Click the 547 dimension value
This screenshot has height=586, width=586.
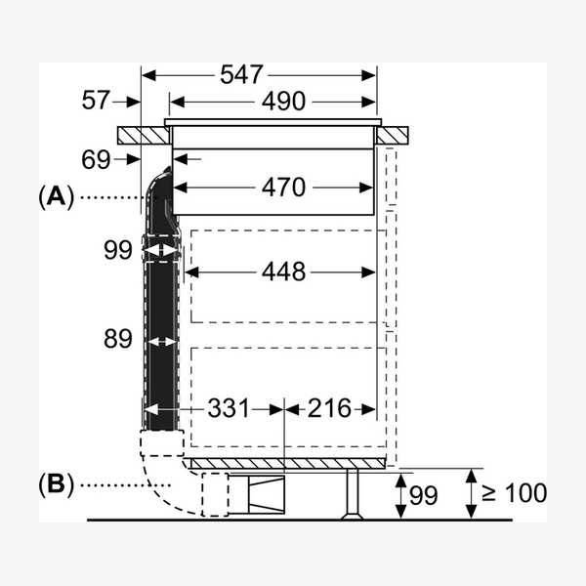click(241, 74)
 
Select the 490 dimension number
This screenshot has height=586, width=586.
click(283, 101)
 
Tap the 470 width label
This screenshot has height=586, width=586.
click(283, 187)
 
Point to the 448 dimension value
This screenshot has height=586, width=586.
click(283, 272)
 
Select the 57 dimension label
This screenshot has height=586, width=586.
click(96, 100)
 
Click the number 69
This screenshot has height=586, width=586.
click(96, 159)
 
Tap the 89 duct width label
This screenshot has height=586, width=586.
click(118, 339)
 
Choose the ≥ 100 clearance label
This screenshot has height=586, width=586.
click(515, 493)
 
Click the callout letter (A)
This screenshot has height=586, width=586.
click(56, 197)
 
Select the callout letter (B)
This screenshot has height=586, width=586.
click(56, 484)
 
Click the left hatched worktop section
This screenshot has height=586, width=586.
click(144, 136)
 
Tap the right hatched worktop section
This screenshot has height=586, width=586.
click(393, 136)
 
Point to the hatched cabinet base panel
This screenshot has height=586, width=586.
click(288, 464)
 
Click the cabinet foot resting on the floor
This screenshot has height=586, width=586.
click(352, 493)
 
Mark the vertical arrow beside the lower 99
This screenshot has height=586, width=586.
click(400, 496)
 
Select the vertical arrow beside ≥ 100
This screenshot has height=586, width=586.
click(472, 493)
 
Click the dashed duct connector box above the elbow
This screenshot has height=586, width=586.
click(162, 442)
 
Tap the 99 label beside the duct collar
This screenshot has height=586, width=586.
click(118, 250)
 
